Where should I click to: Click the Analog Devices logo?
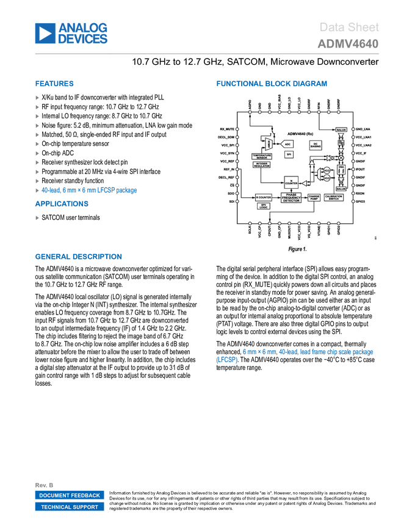click(x=71, y=34)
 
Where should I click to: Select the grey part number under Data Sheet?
click(x=348, y=44)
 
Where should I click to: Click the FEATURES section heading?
click(x=54, y=84)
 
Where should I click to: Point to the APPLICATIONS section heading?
click(x=62, y=205)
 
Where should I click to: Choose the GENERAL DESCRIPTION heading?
click(x=78, y=257)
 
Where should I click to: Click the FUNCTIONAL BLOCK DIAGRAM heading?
click(x=272, y=84)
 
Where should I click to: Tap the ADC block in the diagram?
click(x=287, y=144)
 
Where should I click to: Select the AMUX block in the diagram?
click(x=268, y=144)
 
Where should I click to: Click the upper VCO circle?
click(x=326, y=170)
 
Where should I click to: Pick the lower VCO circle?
click(x=326, y=178)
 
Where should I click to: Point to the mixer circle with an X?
click(x=341, y=158)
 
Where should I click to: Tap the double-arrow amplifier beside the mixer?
click(x=330, y=158)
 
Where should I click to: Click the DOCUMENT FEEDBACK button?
click(x=70, y=496)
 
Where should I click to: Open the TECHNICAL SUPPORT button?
click(x=70, y=507)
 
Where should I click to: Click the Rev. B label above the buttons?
click(x=44, y=485)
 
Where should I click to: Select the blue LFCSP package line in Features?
click(x=89, y=191)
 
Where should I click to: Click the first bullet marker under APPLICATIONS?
click(x=37, y=218)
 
